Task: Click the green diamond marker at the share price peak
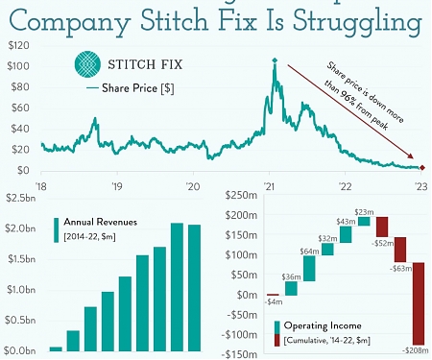(275, 62)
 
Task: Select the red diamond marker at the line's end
(423, 168)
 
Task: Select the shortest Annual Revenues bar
(56, 348)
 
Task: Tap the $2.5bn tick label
(21, 198)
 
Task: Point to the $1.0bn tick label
(21, 289)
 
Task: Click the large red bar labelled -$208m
(419, 302)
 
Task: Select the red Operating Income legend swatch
(278, 339)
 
